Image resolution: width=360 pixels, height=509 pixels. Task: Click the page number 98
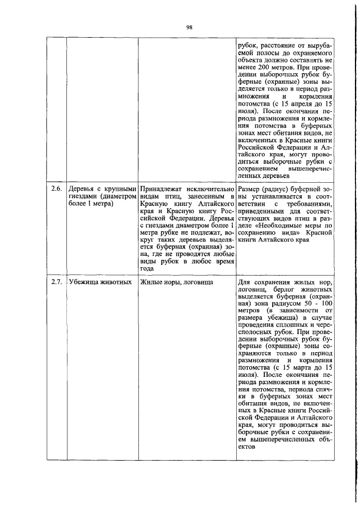(x=190, y=27)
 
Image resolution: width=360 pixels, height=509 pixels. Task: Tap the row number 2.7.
(x=55, y=281)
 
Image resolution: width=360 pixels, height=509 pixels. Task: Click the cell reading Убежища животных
(x=91, y=281)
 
